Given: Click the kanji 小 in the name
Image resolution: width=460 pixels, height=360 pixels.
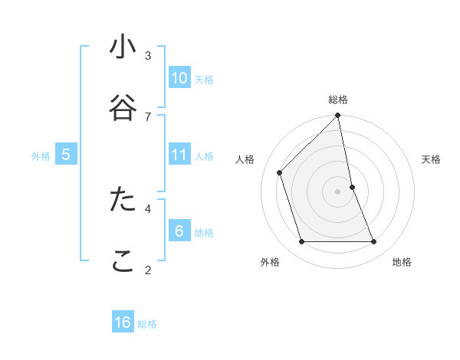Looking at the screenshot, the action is coord(123,47).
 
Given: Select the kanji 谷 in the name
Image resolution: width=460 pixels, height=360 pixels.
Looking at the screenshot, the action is coord(123,108).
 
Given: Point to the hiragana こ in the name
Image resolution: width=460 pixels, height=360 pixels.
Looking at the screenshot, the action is coord(123,260).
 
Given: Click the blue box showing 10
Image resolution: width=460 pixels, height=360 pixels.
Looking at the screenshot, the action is coord(179,78).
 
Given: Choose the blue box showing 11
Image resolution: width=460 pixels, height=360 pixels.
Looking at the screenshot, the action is coord(179,155).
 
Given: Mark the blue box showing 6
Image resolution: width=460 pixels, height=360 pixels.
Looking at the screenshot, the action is coord(179,231).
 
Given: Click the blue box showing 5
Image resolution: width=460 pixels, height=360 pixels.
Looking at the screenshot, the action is coord(66,155).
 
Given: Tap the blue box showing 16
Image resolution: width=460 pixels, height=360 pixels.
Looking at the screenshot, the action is coord(123,322).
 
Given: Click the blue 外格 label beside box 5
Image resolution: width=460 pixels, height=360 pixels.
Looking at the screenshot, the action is coord(41,156).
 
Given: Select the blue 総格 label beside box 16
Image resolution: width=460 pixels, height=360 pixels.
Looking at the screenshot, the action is coord(147,324).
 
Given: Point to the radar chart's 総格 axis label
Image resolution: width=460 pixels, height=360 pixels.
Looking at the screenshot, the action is coord(338,100).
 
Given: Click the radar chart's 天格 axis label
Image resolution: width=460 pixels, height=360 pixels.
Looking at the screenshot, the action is coord(431,159).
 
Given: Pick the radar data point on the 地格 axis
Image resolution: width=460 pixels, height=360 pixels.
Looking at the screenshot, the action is coord(374,242).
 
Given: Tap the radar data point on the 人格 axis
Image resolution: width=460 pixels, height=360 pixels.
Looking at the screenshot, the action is coord(280,172).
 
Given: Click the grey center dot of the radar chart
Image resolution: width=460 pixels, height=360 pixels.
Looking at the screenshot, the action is coord(338,191).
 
